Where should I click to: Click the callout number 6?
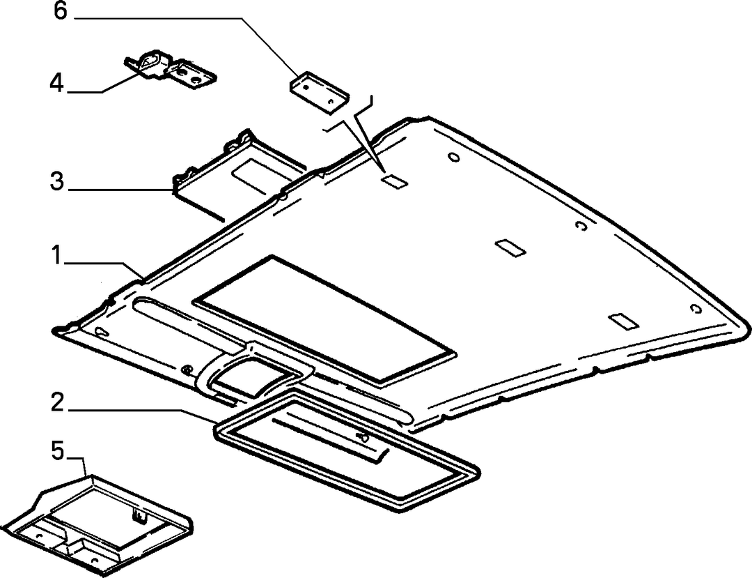(x=60, y=10)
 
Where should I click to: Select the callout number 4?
(x=56, y=82)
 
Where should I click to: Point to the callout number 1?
(x=56, y=254)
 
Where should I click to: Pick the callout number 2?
(x=57, y=402)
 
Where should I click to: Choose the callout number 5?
(x=57, y=451)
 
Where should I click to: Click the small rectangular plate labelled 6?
(x=319, y=92)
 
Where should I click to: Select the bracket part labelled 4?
(x=171, y=68)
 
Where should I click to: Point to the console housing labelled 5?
(x=101, y=526)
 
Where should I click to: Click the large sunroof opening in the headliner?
(x=324, y=319)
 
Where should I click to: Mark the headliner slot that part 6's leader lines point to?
(x=393, y=182)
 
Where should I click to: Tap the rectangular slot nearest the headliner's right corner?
(x=623, y=321)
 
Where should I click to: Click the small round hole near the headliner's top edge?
(x=454, y=157)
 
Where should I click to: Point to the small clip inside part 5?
(x=139, y=516)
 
